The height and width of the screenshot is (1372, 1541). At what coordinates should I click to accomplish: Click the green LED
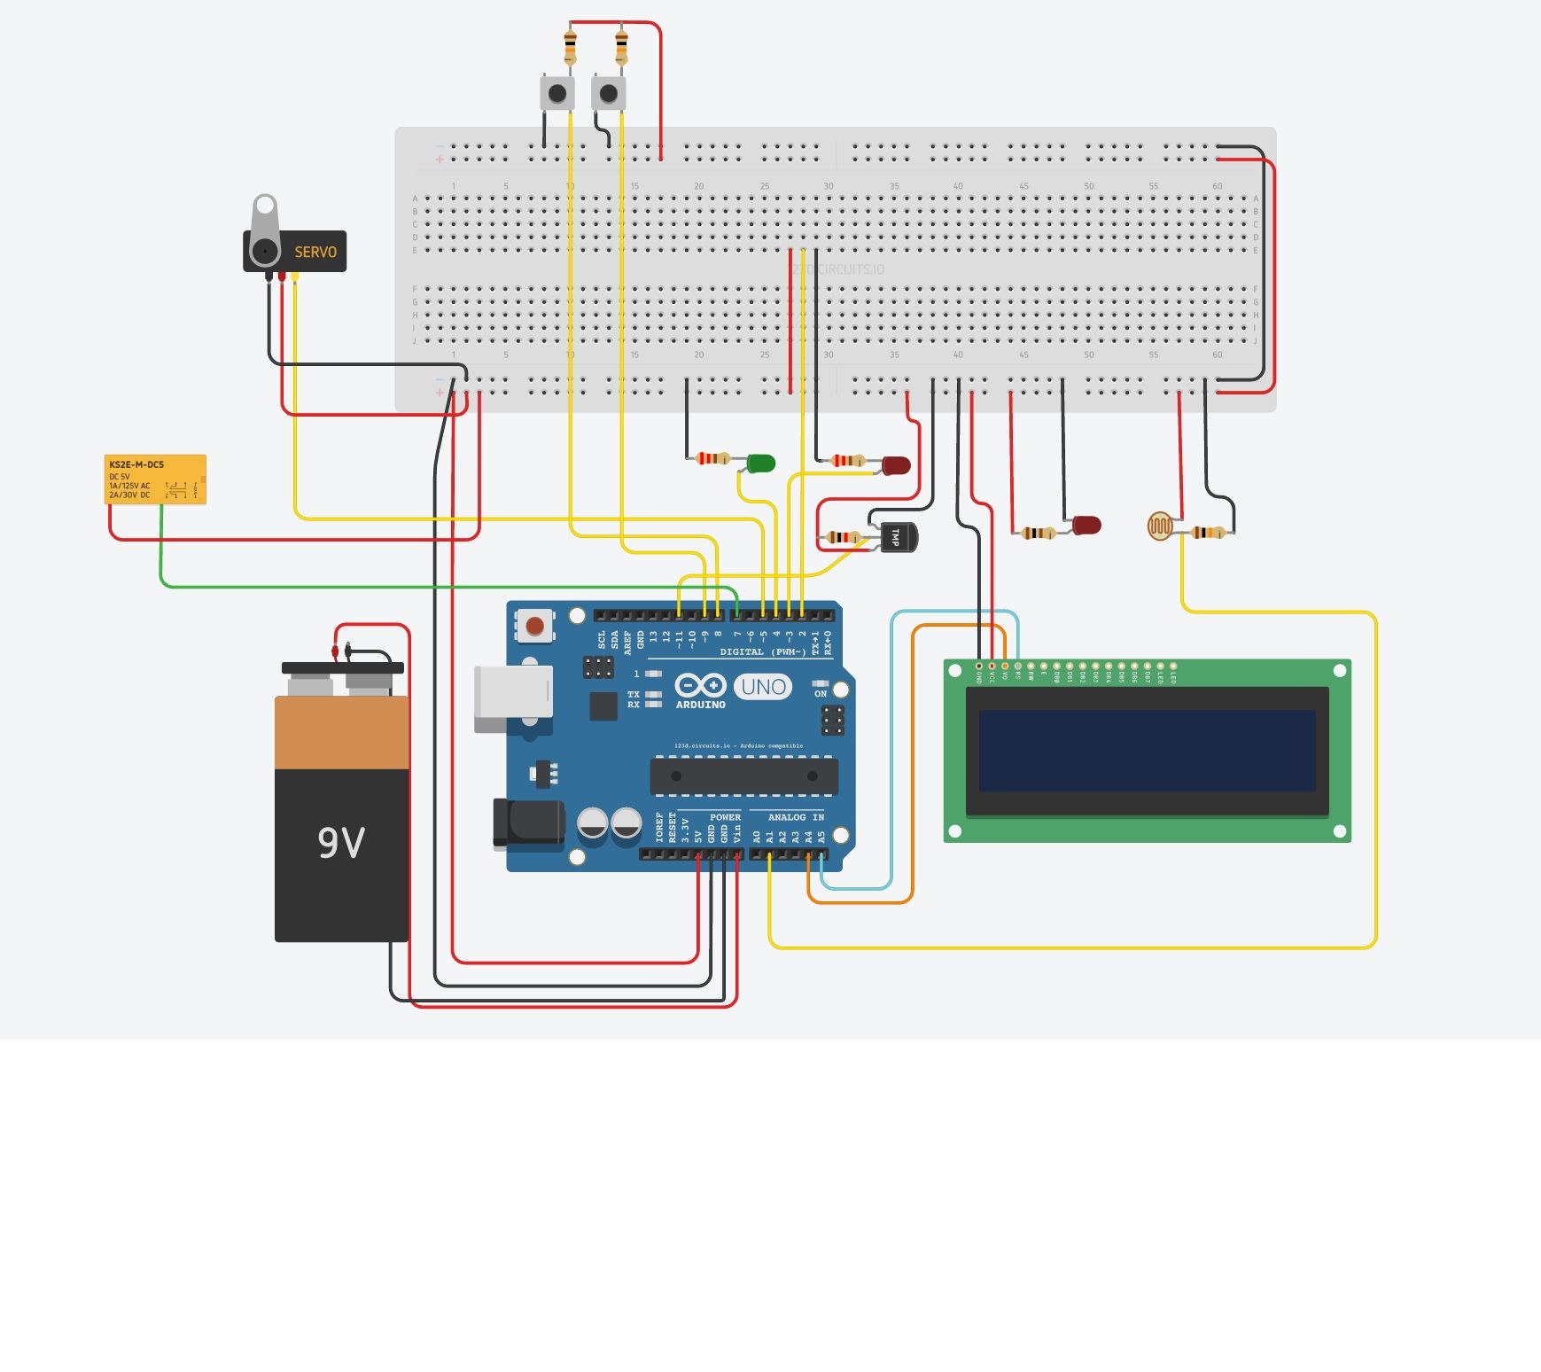760,463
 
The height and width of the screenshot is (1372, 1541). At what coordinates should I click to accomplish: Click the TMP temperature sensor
899,537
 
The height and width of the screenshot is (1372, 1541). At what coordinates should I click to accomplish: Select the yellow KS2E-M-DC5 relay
155,479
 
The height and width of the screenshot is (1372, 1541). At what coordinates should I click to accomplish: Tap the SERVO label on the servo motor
315,253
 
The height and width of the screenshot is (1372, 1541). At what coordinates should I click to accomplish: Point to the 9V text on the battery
341,842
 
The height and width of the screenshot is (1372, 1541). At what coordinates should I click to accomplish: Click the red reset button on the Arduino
534,627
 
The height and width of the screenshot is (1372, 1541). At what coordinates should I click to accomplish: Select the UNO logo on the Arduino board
763,687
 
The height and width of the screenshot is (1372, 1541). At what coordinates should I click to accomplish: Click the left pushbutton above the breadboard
556,93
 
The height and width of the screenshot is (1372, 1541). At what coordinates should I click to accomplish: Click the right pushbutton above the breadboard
608,93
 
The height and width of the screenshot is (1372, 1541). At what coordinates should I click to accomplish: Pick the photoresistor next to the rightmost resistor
1159,526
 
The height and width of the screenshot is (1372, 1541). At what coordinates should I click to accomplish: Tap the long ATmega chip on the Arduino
743,776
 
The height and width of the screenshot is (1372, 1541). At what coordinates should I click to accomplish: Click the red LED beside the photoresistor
1086,526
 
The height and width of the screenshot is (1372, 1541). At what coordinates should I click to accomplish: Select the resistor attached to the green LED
712,458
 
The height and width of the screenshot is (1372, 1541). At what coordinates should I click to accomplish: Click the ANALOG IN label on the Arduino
795,817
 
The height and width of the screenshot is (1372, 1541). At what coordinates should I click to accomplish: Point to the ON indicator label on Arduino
821,694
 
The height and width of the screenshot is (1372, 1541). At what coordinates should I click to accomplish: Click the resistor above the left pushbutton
570,44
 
